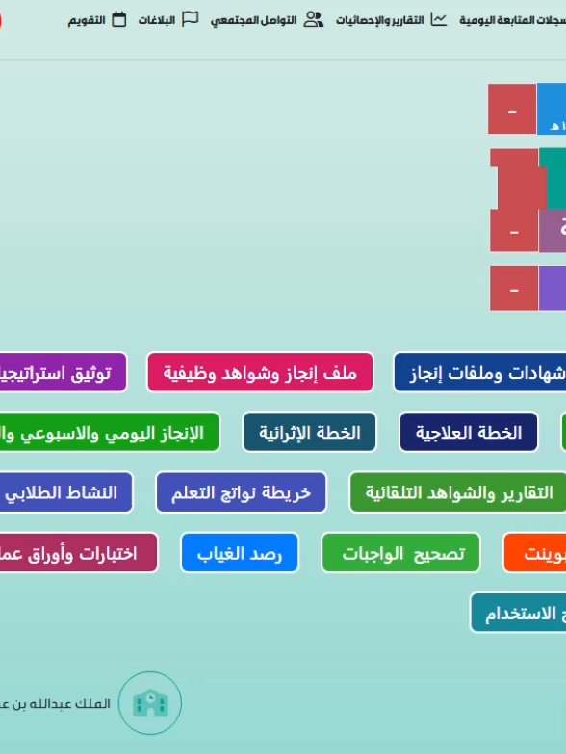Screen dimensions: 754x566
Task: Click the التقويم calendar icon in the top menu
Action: (119, 19)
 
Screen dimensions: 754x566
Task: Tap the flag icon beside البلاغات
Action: (191, 19)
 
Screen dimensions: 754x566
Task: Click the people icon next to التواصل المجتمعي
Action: (314, 19)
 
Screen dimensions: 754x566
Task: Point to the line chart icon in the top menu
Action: (439, 19)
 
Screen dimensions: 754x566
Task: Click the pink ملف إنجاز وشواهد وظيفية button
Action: (260, 372)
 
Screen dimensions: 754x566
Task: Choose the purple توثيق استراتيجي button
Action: (62, 372)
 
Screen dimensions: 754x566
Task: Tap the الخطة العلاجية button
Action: (469, 433)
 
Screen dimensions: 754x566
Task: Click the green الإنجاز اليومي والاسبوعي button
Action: (106, 433)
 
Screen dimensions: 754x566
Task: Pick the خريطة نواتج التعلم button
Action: (241, 492)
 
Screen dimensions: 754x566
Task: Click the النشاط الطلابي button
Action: (64, 492)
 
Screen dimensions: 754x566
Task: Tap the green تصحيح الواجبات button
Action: (400, 553)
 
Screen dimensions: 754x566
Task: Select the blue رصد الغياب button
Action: (240, 553)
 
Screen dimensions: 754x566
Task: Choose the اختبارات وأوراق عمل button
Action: (77, 553)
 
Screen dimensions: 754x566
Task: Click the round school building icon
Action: (149, 703)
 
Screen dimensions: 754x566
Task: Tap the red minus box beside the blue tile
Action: (512, 110)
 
